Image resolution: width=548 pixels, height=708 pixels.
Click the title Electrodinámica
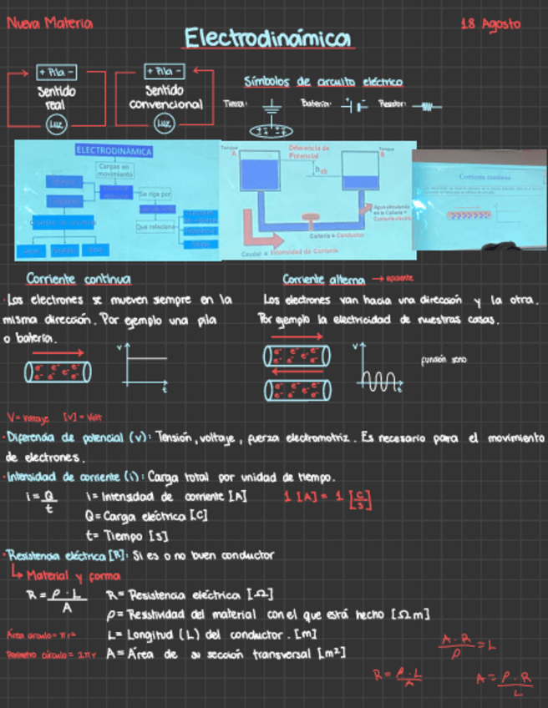click(x=267, y=39)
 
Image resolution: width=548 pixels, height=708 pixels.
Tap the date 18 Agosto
click(x=490, y=24)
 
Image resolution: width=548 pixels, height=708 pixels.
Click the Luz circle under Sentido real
click(x=56, y=124)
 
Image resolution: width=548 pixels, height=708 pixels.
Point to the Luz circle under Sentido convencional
click(x=165, y=124)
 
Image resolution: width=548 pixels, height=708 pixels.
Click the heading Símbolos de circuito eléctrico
click(x=322, y=82)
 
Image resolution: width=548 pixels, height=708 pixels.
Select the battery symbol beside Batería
click(x=357, y=106)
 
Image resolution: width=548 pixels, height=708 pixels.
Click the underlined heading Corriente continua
click(x=79, y=279)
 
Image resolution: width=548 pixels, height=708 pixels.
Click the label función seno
click(x=444, y=360)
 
